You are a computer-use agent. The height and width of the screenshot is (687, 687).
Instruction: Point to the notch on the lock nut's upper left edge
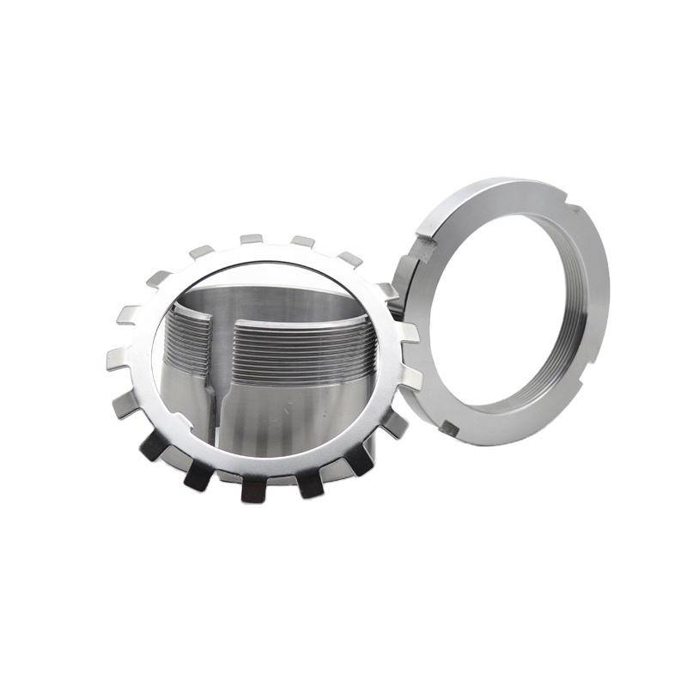421,249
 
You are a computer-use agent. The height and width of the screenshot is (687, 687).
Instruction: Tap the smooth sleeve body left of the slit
185,404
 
